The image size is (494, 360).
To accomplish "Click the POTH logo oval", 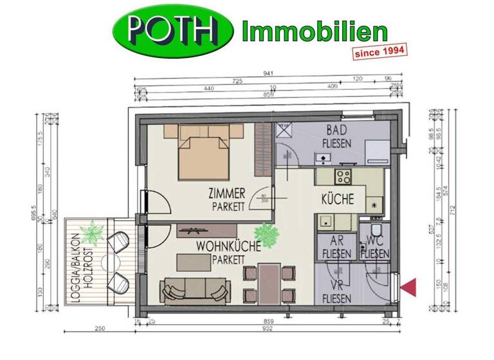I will pos(173,32).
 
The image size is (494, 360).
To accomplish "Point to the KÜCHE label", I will pos(337,199).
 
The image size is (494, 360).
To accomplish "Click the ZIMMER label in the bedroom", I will pos(226,193).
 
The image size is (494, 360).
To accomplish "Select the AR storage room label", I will pos(335,241).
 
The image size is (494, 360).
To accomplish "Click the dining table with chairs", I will pos(268,283).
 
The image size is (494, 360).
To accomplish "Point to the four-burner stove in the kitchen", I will pos(343,177).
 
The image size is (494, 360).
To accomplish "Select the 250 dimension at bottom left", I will pos(99,329).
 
